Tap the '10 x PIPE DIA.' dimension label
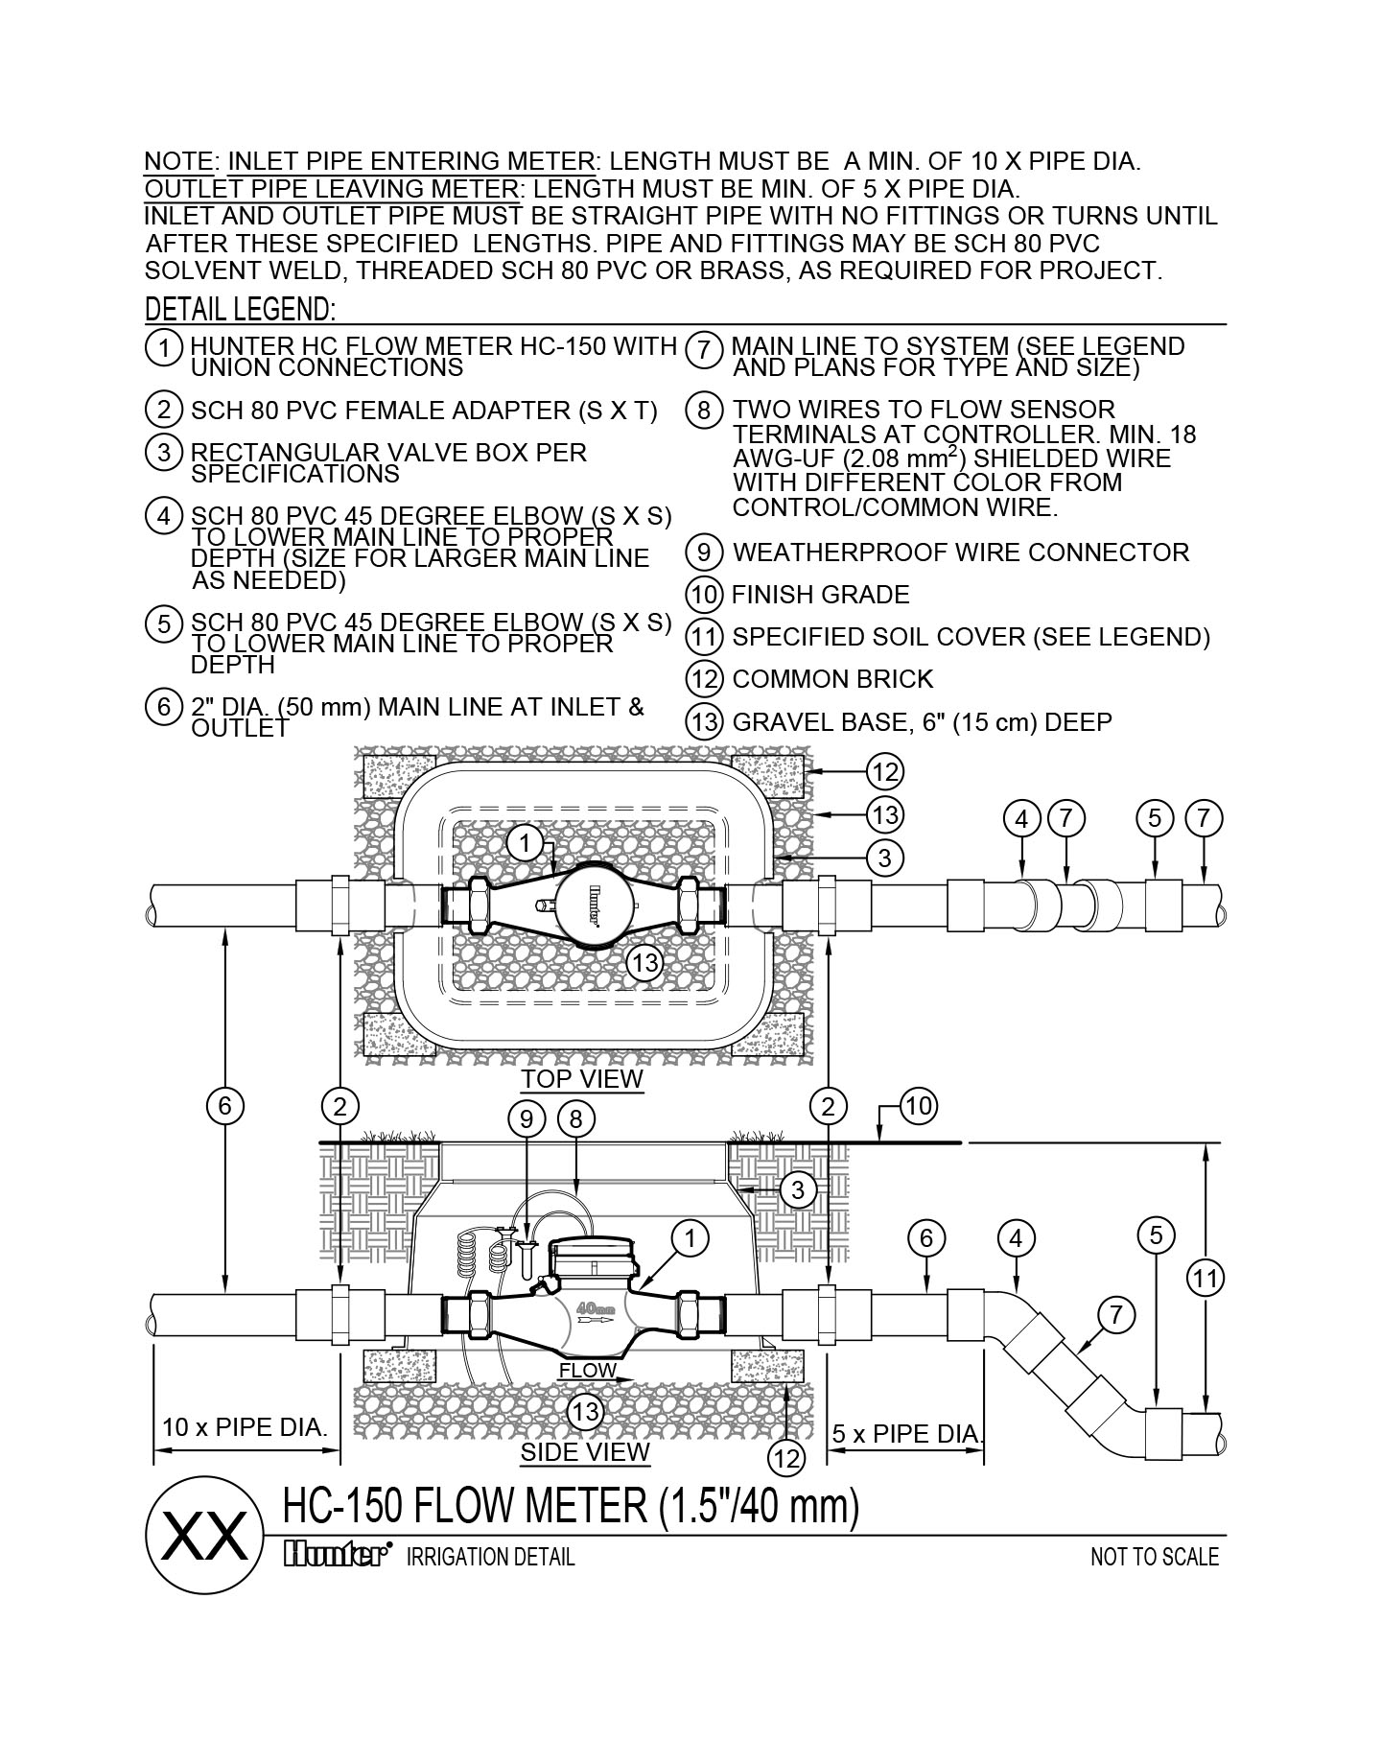pyautogui.click(x=245, y=1426)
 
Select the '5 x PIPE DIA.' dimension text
pyautogui.click(x=906, y=1434)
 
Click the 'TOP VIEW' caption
pyautogui.click(x=582, y=1079)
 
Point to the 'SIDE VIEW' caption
pyautogui.click(x=585, y=1452)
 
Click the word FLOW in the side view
pyautogui.click(x=587, y=1371)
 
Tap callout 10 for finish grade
pyautogui.click(x=918, y=1107)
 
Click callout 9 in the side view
pyautogui.click(x=527, y=1118)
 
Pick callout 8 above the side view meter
pyautogui.click(x=575, y=1118)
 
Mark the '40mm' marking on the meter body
pyautogui.click(x=595, y=1308)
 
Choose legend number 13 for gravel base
pyautogui.click(x=705, y=721)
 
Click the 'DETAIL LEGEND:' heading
pyautogui.click(x=240, y=310)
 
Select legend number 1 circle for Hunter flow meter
pyautogui.click(x=164, y=347)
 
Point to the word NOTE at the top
pyautogui.click(x=178, y=161)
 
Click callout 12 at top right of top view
pyautogui.click(x=884, y=771)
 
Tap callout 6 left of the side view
pyautogui.click(x=224, y=1107)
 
